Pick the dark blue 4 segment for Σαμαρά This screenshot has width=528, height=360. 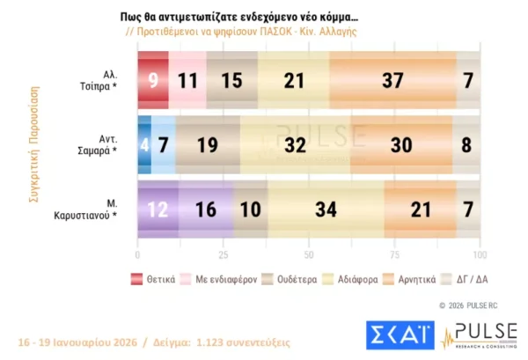144,145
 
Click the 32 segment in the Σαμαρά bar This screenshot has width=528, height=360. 296,145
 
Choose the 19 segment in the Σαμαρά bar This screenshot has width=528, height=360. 208,145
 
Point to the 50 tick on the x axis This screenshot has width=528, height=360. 309,255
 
